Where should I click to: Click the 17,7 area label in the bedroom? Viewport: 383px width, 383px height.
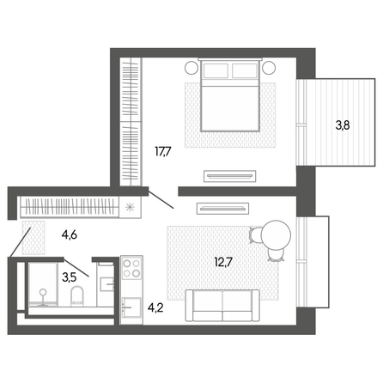[x=163, y=151]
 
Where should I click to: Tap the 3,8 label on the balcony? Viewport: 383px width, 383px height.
[x=343, y=125]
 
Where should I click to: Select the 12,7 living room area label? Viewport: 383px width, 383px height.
[x=224, y=262]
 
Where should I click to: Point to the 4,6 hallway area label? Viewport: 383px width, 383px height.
[x=70, y=235]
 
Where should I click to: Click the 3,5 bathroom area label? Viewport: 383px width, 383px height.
[x=69, y=277]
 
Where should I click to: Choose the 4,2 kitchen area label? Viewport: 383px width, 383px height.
[x=155, y=307]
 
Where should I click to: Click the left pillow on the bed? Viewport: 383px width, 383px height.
[x=216, y=70]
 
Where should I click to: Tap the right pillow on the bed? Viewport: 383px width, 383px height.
[x=245, y=70]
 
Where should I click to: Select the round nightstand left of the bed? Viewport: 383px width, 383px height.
[x=191, y=68]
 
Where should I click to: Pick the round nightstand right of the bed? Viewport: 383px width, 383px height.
[x=269, y=68]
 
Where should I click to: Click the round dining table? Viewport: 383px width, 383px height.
[x=276, y=235]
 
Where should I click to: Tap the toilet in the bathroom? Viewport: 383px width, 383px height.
[x=76, y=295]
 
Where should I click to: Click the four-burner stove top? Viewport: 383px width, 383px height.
[x=131, y=268]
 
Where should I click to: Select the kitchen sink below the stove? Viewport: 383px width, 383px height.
[x=131, y=307]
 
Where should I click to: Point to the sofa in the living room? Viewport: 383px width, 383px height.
[x=222, y=305]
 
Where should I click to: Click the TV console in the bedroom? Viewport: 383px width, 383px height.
[x=230, y=176]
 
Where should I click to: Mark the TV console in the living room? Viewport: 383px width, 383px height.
[x=222, y=209]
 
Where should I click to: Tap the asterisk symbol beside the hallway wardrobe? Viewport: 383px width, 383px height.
[x=130, y=207]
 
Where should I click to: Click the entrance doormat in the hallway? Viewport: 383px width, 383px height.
[x=33, y=238]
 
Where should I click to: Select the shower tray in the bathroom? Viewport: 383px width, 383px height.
[x=43, y=284]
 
